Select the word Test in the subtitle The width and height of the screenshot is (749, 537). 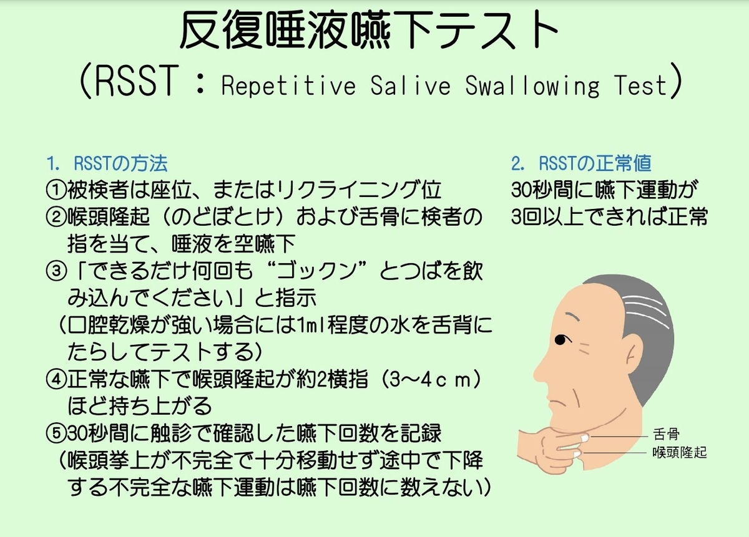click(x=639, y=85)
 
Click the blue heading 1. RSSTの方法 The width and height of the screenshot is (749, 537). click(x=107, y=163)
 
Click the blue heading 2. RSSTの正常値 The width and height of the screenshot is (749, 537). click(x=581, y=163)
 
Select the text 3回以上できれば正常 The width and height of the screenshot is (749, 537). click(x=609, y=217)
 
